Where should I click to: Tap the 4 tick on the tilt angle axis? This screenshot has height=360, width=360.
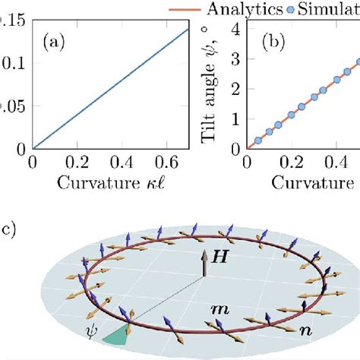coord(235,29)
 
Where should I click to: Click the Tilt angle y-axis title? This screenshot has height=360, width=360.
coord(214,85)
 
